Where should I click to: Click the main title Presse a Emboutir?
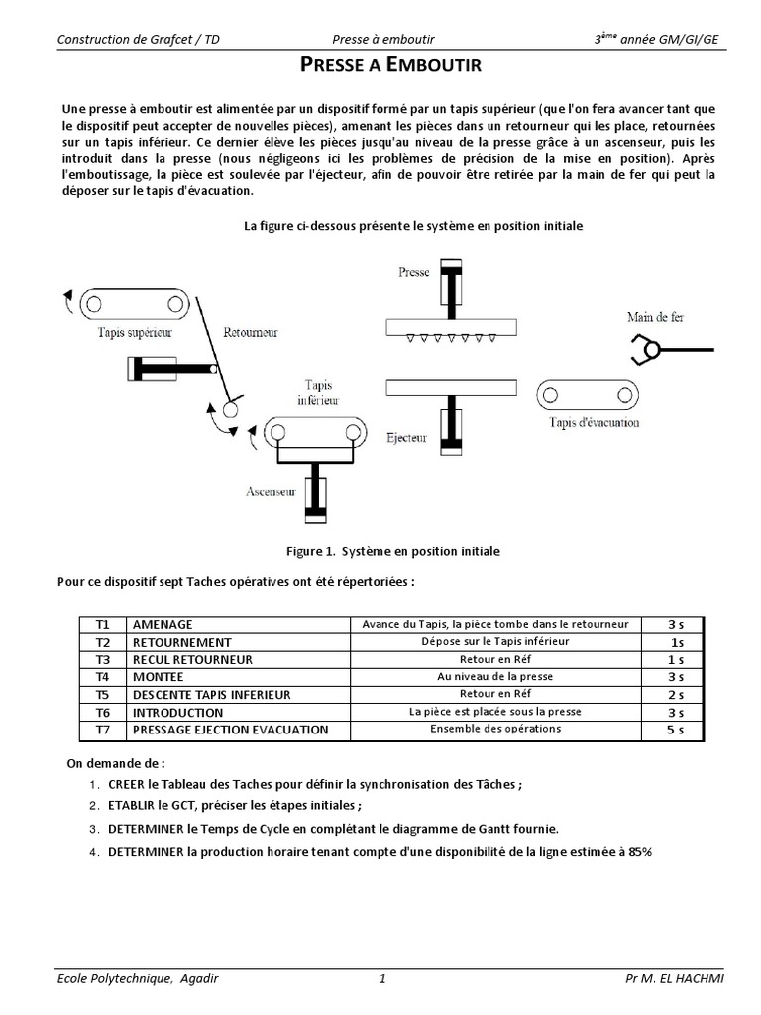pos(389,66)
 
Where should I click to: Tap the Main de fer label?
pos(655,317)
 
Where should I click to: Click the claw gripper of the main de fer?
pos(646,348)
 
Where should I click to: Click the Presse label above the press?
pos(413,271)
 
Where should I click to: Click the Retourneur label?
pos(251,332)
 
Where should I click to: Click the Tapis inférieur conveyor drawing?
pos(317,433)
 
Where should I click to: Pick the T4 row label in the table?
pos(103,677)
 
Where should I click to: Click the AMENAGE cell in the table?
pos(163,625)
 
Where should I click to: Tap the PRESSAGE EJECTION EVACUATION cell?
pos(230,730)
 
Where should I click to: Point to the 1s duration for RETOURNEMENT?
pos(677,642)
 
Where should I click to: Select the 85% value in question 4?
pos(640,852)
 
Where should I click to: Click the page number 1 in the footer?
pos(381,979)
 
